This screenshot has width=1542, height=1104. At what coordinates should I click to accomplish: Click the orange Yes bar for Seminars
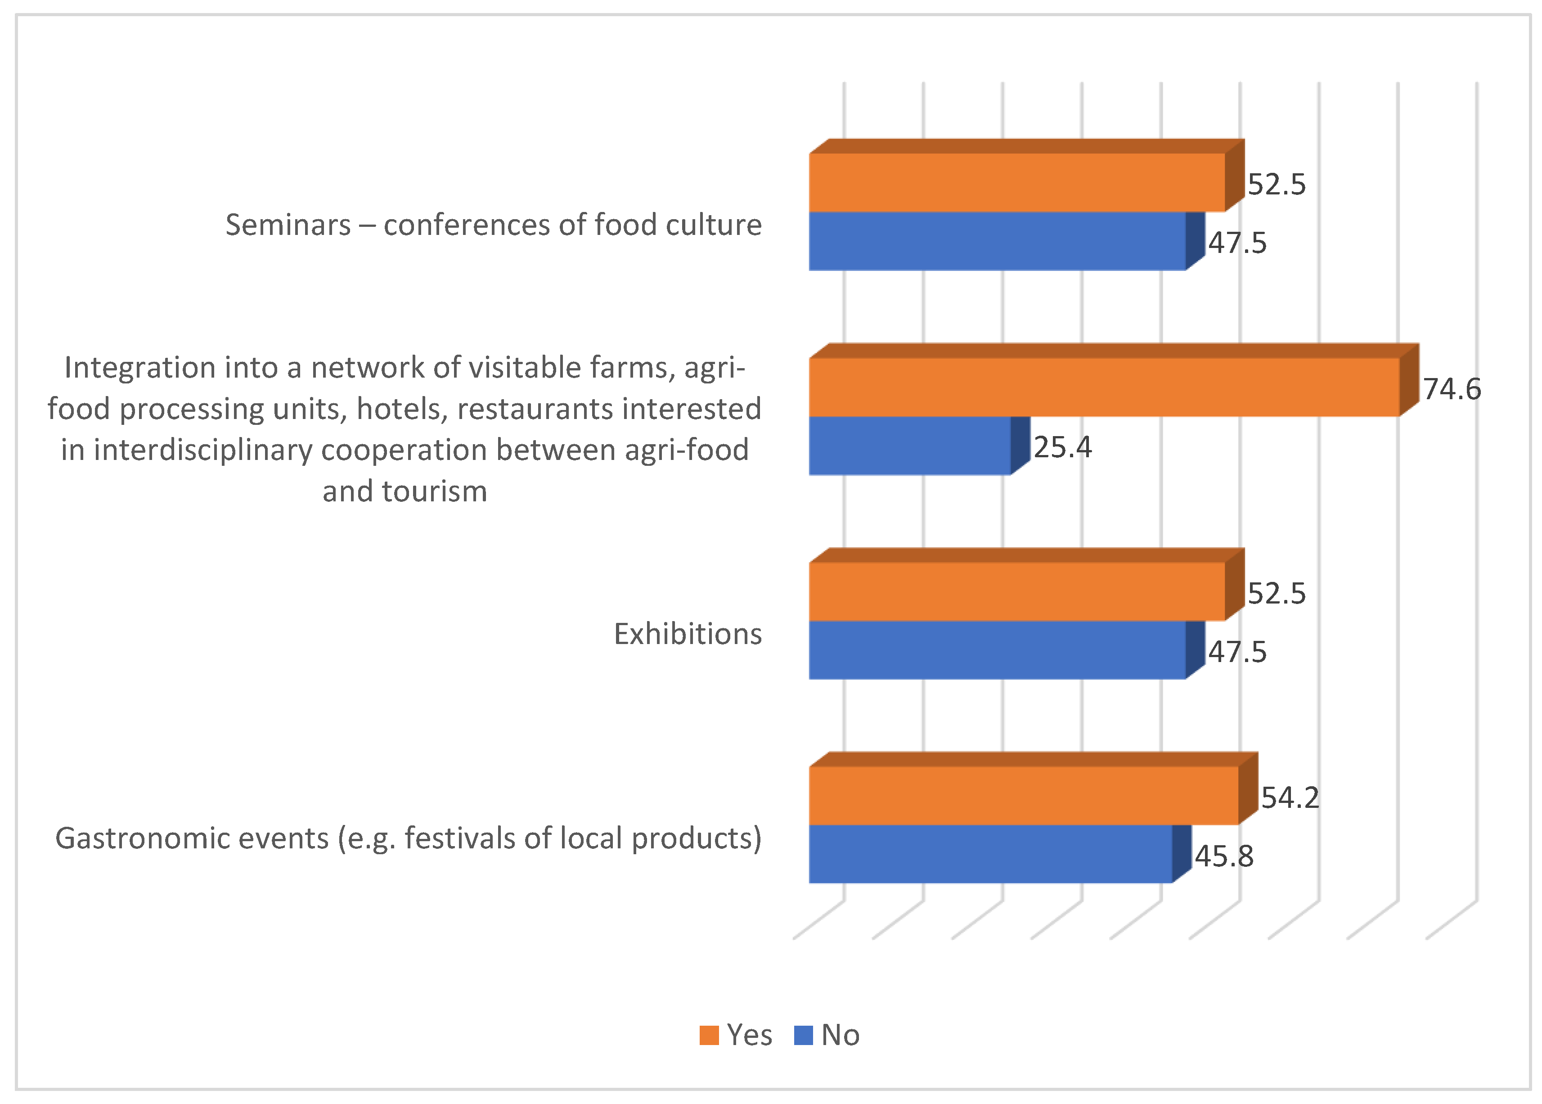1016,182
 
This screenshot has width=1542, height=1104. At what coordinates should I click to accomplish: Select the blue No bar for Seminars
996,241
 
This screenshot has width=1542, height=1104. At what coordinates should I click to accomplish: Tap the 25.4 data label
1062,447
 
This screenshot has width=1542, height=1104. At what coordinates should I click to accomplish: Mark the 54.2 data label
1290,798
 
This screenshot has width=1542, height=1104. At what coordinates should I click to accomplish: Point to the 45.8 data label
1224,856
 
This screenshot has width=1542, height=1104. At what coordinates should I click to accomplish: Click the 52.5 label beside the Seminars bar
1276,185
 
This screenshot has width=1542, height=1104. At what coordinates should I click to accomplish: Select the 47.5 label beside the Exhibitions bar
1237,652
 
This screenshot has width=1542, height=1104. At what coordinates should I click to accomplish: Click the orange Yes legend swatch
709,1035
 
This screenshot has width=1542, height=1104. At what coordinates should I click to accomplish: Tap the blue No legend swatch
803,1035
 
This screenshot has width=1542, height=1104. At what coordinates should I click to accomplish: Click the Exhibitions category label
687,634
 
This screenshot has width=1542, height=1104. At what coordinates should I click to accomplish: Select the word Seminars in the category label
288,225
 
